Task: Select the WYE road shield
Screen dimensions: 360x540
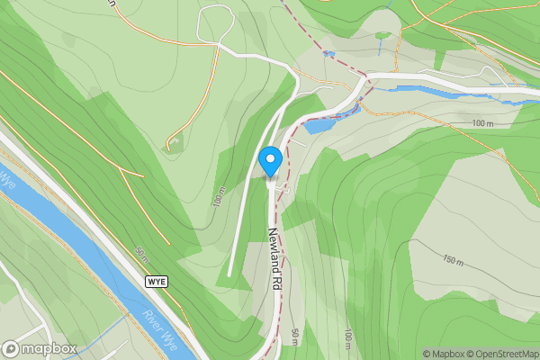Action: coord(156,282)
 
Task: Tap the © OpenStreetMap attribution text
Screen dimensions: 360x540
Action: coord(501,354)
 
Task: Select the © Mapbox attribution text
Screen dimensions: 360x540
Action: coord(444,354)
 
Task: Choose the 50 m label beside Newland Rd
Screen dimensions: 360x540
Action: coord(295,337)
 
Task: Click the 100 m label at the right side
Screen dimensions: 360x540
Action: coord(483,122)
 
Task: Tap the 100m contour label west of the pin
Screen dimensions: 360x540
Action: coord(219,197)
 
